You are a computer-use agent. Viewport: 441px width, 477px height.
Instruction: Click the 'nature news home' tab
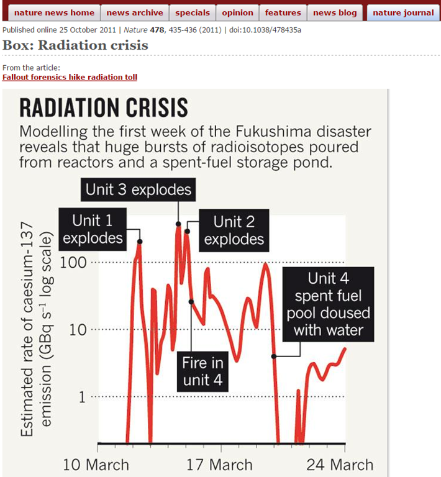(54, 12)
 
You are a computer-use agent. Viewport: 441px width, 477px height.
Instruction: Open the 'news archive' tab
(135, 12)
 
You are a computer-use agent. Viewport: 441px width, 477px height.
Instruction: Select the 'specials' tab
(193, 12)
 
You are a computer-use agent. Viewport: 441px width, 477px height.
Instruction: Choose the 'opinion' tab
(237, 12)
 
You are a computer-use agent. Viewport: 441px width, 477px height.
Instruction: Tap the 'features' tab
(283, 12)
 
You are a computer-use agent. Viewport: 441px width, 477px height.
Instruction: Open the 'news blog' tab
(335, 12)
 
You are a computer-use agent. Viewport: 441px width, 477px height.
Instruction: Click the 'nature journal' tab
(403, 12)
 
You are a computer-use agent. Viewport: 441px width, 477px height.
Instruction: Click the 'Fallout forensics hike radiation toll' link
(70, 77)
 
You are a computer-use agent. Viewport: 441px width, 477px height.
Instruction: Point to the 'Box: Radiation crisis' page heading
(75, 45)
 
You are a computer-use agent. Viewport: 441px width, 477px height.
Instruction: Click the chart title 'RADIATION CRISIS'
(104, 108)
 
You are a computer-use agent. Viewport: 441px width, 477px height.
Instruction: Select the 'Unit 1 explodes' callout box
(93, 229)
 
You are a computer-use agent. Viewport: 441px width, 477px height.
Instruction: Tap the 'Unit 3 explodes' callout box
(139, 189)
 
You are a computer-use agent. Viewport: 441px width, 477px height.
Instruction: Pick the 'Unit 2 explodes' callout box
(234, 230)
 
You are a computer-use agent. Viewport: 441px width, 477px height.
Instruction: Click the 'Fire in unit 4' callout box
(202, 371)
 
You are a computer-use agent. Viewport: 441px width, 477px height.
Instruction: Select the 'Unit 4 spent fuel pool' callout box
(329, 304)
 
